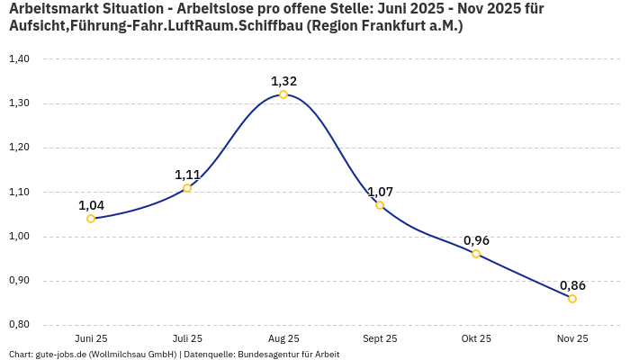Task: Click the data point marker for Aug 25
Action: (x=283, y=94)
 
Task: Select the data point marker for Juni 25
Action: (x=91, y=219)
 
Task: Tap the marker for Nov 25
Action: (x=572, y=299)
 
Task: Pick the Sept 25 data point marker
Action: (x=380, y=205)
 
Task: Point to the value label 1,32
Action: (x=283, y=81)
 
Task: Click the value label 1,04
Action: (x=91, y=205)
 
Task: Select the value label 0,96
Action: (x=476, y=240)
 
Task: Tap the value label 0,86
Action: (x=572, y=285)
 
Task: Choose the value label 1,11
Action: (x=187, y=175)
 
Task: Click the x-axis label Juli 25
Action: (x=187, y=338)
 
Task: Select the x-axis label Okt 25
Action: (x=476, y=338)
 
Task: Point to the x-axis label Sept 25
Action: (x=380, y=338)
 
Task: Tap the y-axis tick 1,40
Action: (x=19, y=59)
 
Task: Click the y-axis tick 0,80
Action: (x=19, y=325)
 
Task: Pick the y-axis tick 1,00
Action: (x=19, y=237)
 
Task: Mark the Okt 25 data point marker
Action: (x=476, y=254)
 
